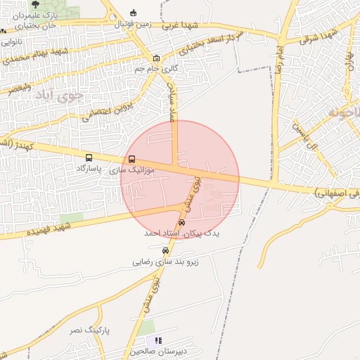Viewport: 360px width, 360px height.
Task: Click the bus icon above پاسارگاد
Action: point(89,158)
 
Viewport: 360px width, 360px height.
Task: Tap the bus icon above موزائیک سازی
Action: point(133,160)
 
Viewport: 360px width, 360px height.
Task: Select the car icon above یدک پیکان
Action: point(182,223)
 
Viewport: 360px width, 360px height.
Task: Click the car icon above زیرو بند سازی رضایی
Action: point(165,250)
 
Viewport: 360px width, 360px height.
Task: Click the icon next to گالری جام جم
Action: point(156,59)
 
